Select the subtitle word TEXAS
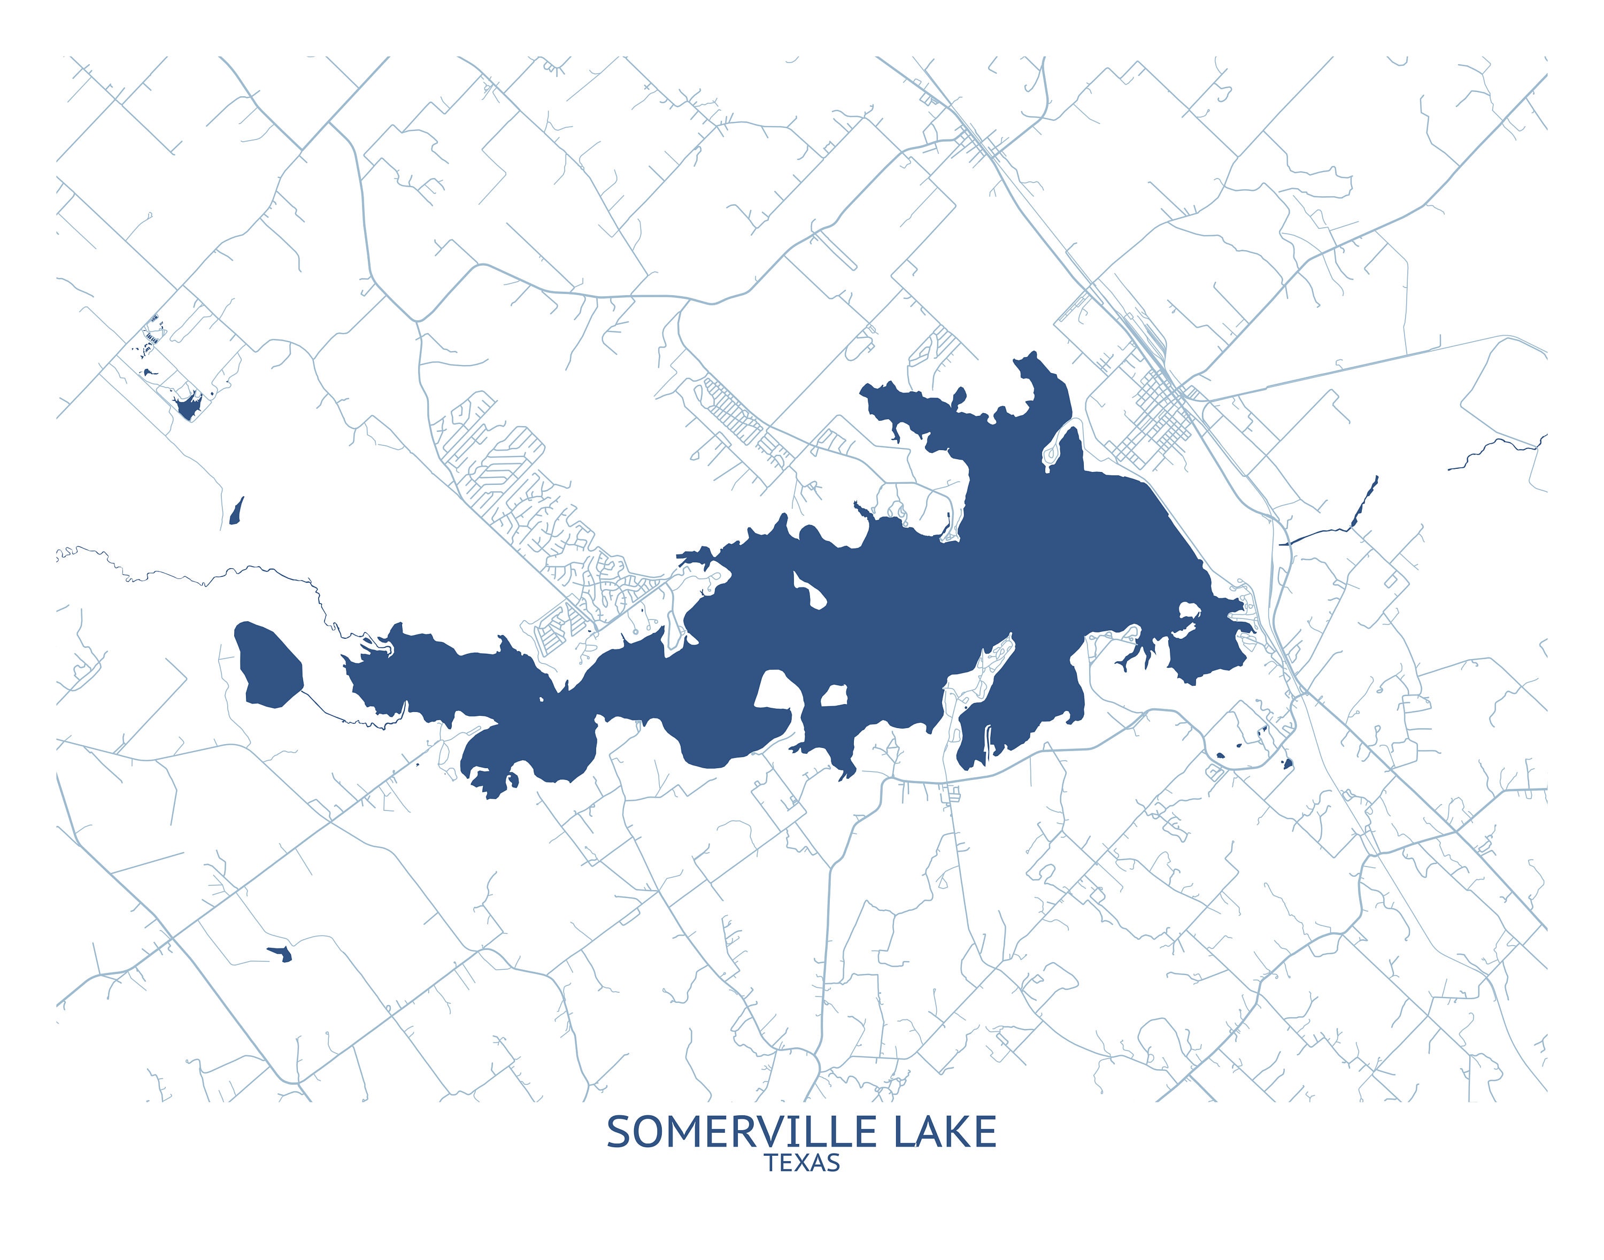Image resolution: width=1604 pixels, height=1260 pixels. point(802,1163)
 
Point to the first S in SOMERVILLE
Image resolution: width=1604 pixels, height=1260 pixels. point(620,1132)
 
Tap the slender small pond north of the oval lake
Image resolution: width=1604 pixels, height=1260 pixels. point(236,511)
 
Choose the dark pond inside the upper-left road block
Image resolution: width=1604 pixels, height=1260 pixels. point(189,406)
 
